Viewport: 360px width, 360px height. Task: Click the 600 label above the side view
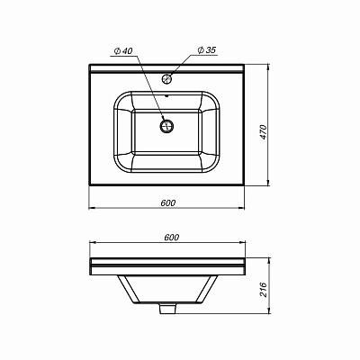pyautogui.click(x=172, y=236)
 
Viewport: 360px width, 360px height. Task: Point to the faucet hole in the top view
pyautogui.click(x=167, y=79)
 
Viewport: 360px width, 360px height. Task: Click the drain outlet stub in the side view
pyautogui.click(x=167, y=310)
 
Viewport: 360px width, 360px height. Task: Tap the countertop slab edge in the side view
pyautogui.click(x=167, y=265)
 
